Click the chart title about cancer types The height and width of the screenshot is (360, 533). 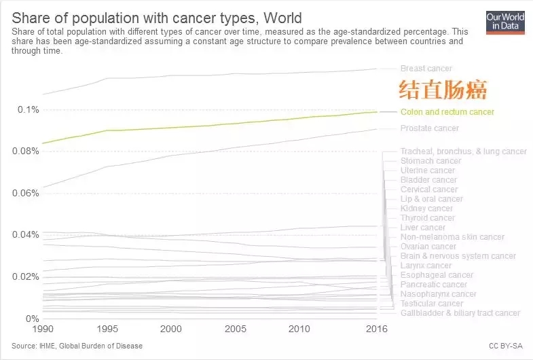click(157, 16)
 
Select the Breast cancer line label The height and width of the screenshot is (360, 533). click(426, 69)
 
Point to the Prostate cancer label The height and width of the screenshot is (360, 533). click(429, 128)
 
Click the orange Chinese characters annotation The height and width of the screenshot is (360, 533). click(443, 90)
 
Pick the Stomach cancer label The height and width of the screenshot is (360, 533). click(430, 161)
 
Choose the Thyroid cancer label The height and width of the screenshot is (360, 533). click(427, 218)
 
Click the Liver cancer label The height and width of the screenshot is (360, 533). click(422, 228)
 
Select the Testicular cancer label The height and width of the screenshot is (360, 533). click(431, 304)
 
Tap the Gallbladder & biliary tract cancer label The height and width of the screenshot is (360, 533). click(460, 313)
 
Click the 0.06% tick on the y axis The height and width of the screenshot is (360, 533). click(26, 193)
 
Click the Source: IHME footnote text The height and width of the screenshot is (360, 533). click(76, 346)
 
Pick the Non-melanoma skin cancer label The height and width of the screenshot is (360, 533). click(452, 237)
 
